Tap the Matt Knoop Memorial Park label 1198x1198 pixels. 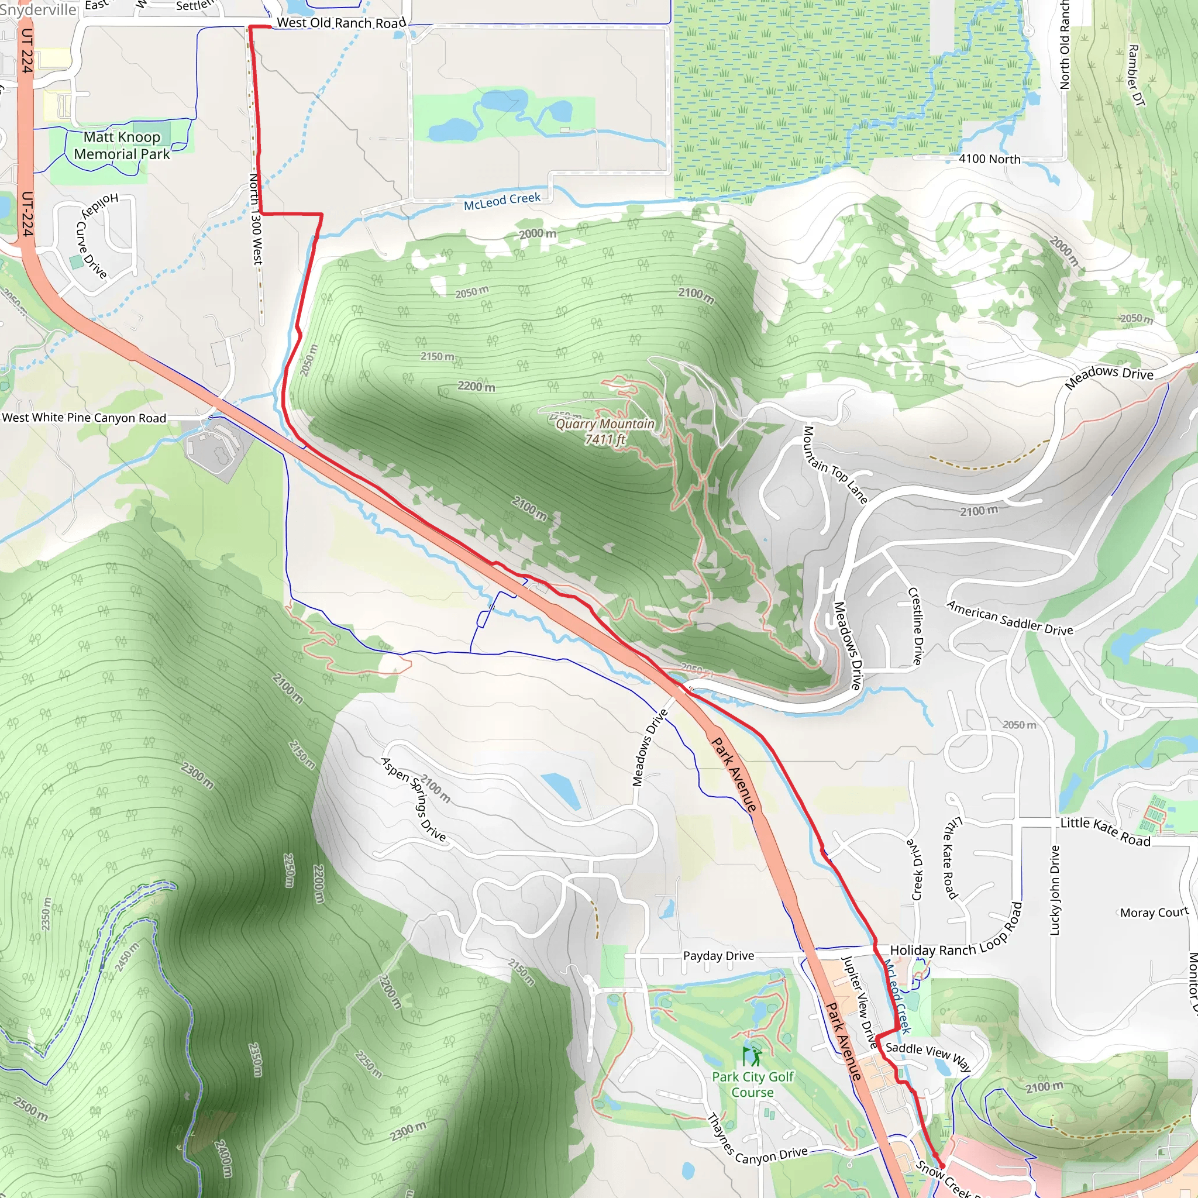pyautogui.click(x=122, y=146)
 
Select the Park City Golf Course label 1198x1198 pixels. pyautogui.click(x=752, y=1085)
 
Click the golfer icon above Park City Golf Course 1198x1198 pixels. pyautogui.click(x=752, y=1055)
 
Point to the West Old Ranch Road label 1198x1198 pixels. pyautogui.click(x=340, y=23)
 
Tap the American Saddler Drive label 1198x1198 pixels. pyautogui.click(x=1009, y=618)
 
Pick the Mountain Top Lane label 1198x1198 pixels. pyautogui.click(x=835, y=464)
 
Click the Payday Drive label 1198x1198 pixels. pyautogui.click(x=718, y=956)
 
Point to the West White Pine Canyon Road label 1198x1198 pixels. pyautogui.click(x=84, y=418)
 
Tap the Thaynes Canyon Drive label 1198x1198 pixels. pyautogui.click(x=757, y=1142)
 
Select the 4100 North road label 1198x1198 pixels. pyautogui.click(x=989, y=159)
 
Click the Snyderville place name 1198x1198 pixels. pyautogui.click(x=39, y=10)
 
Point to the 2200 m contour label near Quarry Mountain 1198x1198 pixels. pyautogui.click(x=476, y=386)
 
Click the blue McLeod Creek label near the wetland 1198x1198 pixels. pyautogui.click(x=502, y=200)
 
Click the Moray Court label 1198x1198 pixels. pyautogui.click(x=1154, y=912)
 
